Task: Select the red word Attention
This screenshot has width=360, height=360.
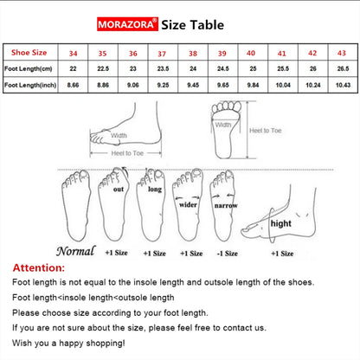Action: coord(39,267)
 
